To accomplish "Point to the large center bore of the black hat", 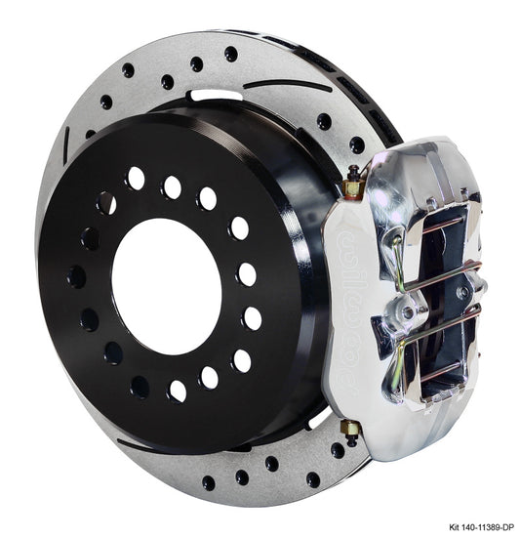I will pyautogui.click(x=166, y=273).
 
